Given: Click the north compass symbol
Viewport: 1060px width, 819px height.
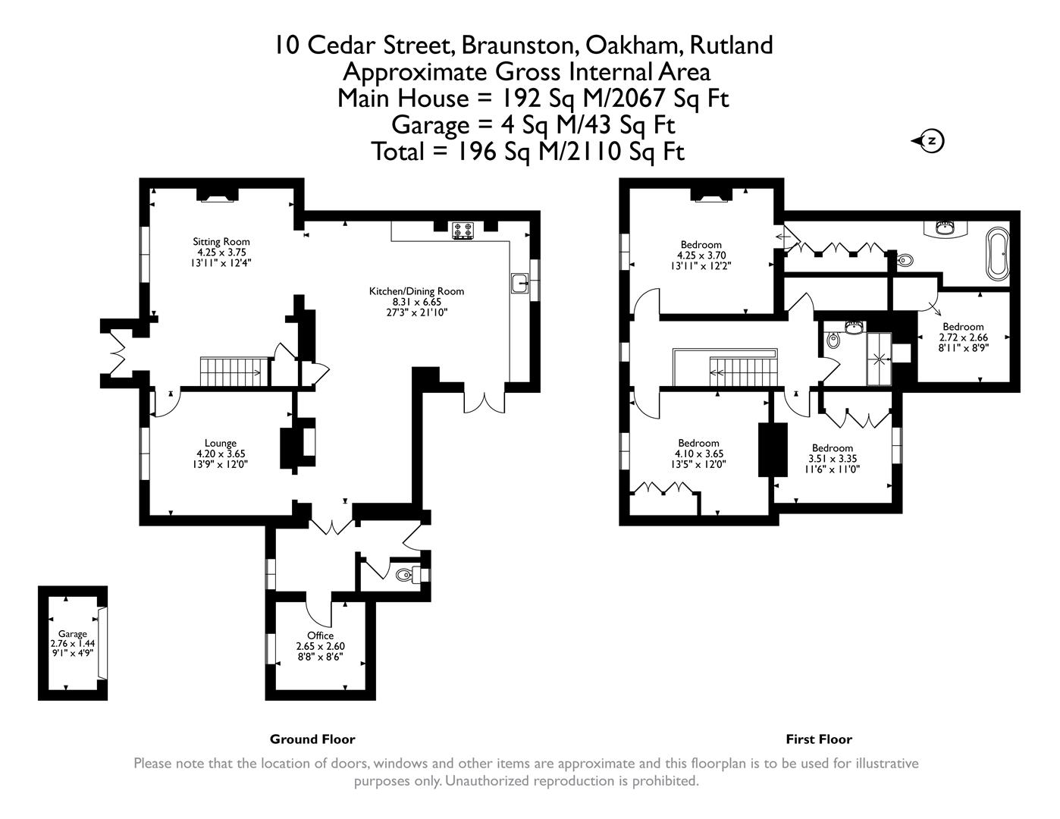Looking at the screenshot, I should pyautogui.click(x=932, y=141).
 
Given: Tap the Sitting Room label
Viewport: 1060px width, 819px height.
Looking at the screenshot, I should pyautogui.click(x=221, y=242).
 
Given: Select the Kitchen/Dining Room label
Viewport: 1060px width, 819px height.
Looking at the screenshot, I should pyautogui.click(x=416, y=291).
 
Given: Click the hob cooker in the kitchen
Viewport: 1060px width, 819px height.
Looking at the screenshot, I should pyautogui.click(x=463, y=230).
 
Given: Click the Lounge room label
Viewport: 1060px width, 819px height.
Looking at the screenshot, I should pyautogui.click(x=220, y=444).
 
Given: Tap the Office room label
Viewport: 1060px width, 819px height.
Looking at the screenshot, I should pyautogui.click(x=320, y=635).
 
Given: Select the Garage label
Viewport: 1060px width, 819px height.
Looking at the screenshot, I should pyautogui.click(x=73, y=634).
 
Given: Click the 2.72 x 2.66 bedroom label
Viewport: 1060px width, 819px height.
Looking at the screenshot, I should pyautogui.click(x=963, y=327).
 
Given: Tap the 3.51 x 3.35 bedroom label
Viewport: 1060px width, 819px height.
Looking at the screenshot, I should pyautogui.click(x=833, y=448).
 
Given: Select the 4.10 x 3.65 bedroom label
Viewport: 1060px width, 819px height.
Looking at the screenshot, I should pyautogui.click(x=698, y=444).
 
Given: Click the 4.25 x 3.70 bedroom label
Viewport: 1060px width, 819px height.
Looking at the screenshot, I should pyautogui.click(x=701, y=245).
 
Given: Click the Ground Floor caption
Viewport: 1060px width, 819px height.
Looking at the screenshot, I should pyautogui.click(x=312, y=739).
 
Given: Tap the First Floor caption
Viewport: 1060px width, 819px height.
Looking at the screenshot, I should pyautogui.click(x=818, y=739).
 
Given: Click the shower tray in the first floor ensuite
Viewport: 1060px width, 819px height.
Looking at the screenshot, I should pyautogui.click(x=879, y=358).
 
